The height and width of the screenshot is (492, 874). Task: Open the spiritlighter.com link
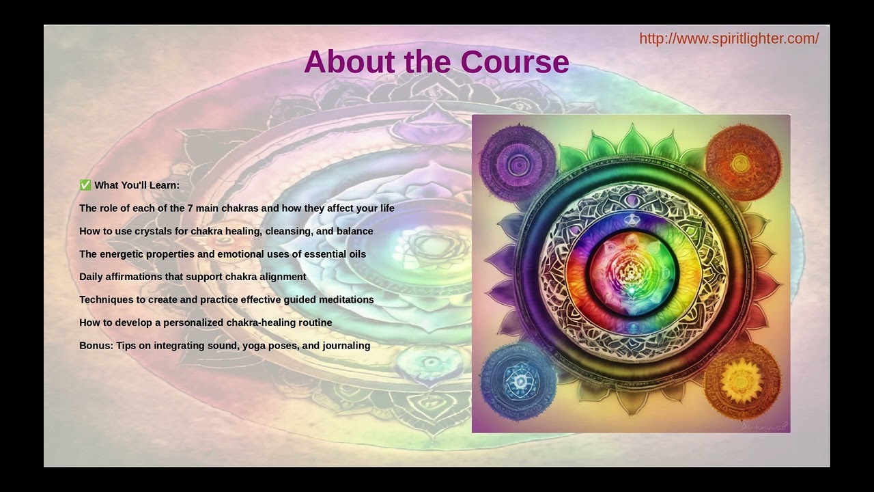(729, 38)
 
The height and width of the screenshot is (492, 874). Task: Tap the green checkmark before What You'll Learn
(85, 185)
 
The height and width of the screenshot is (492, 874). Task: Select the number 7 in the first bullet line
(190, 208)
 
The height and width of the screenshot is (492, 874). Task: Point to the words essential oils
(338, 254)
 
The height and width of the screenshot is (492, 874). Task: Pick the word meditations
(347, 300)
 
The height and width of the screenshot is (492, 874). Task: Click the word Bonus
(95, 346)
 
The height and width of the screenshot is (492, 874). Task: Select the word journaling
(346, 346)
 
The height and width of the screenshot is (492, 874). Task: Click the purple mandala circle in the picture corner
(518, 162)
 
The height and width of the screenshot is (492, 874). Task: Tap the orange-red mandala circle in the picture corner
(742, 163)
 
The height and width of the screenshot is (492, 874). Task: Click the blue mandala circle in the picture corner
(518, 381)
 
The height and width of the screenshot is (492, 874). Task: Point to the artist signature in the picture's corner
(765, 425)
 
